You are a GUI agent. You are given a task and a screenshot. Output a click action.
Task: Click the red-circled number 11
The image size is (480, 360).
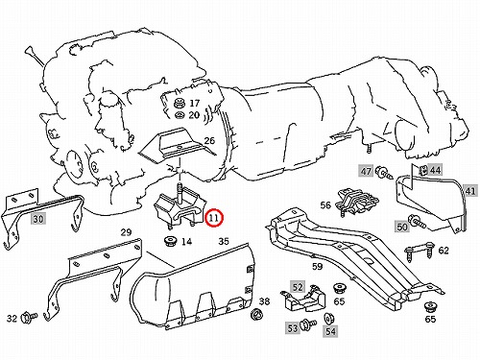tap(214, 218)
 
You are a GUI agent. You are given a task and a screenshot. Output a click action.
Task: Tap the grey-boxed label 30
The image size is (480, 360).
tap(38, 219)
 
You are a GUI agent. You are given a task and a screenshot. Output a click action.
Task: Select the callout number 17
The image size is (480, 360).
tap(194, 103)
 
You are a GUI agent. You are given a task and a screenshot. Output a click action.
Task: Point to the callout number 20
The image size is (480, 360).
tap(194, 115)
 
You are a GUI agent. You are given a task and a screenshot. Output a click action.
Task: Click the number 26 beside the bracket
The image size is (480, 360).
tap(209, 140)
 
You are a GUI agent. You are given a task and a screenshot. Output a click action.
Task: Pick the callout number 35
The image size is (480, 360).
tap(224, 241)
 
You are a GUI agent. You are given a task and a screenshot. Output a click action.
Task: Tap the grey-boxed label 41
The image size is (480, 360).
tap(470, 191)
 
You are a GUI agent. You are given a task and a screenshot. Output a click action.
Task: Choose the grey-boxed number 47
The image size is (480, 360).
tap(366, 172)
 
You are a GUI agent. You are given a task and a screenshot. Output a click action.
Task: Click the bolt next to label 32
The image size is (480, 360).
tap(29, 318)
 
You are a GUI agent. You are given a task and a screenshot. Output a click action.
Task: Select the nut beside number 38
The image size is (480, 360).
tap(255, 314)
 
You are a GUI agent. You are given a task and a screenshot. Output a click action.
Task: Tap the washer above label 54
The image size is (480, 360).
tap(328, 319)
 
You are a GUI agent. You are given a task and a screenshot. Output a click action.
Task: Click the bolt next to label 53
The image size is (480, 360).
tap(308, 324)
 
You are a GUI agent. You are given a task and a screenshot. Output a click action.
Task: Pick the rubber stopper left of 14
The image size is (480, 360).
tap(170, 241)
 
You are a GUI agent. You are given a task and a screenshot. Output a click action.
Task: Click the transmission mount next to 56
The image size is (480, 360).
tap(357, 202)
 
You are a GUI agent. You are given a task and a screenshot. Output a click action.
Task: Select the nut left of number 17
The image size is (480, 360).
tap(180, 103)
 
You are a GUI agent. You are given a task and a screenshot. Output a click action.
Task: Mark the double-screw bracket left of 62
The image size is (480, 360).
tap(420, 252)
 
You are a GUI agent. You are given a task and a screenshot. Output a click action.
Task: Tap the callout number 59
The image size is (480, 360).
tap(318, 266)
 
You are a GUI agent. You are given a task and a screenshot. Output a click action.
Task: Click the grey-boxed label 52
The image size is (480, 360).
tap(298, 287)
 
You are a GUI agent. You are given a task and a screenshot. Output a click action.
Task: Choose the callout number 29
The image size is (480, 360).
tap(126, 232)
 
